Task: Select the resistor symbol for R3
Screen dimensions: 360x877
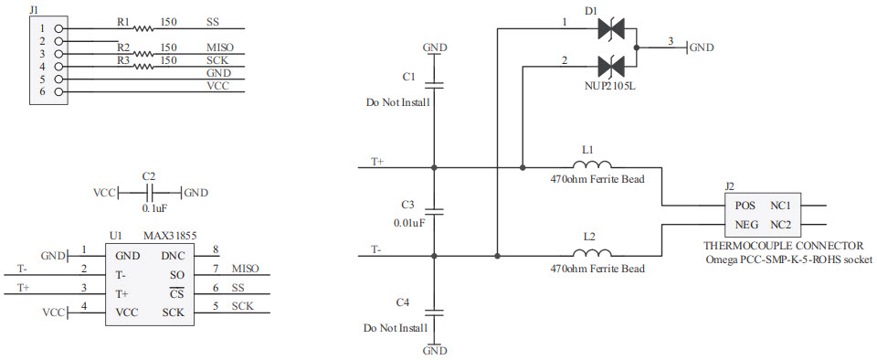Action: point(142,66)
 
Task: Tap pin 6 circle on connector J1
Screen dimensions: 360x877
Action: point(59,91)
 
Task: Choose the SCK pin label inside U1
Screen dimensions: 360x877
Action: point(174,312)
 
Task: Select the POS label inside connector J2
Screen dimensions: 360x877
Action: point(746,206)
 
